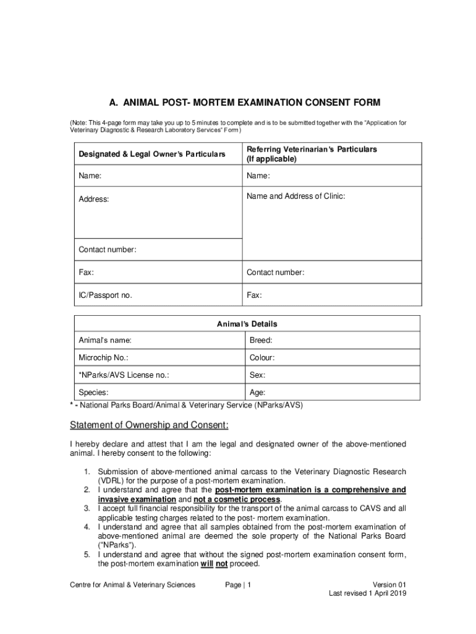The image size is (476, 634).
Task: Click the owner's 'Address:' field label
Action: point(93,199)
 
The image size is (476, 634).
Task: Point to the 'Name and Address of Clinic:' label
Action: point(296,196)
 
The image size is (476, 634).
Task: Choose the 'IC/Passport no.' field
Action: point(105,295)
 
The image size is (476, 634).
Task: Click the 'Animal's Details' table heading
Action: point(247,324)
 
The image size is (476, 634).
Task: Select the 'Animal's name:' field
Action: point(104,341)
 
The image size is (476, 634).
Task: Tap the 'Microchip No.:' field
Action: point(103,358)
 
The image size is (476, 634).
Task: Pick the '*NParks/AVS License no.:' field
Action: point(124,375)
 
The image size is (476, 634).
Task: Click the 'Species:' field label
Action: point(93,393)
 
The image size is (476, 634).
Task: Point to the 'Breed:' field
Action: point(261,341)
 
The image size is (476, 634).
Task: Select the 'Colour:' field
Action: point(262,358)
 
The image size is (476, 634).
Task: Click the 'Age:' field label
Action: point(258,393)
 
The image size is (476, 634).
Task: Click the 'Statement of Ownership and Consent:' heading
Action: point(149,425)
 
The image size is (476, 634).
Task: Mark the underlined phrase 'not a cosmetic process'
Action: point(237,499)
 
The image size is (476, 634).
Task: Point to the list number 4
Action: point(88,527)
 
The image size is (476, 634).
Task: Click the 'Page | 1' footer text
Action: point(238,584)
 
